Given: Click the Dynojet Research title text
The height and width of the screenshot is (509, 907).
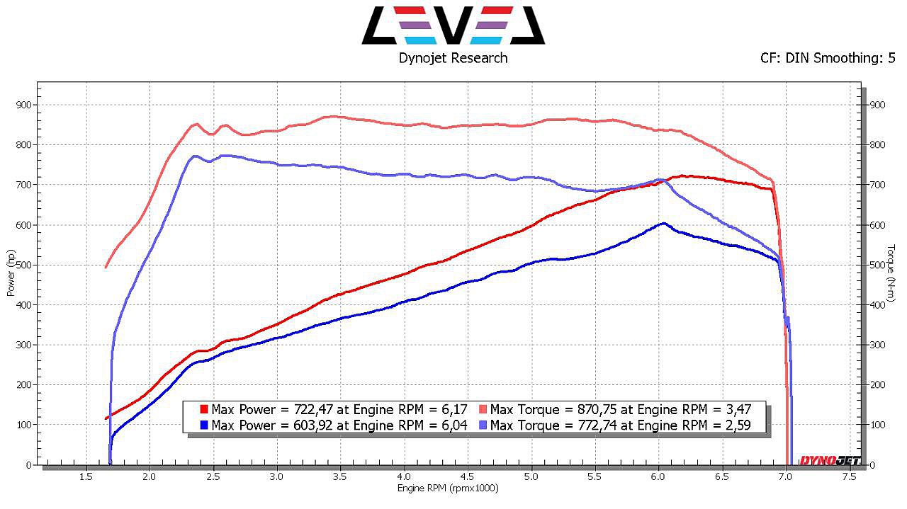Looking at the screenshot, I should (453, 58).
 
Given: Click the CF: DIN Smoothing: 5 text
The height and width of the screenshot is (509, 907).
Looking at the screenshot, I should (827, 58).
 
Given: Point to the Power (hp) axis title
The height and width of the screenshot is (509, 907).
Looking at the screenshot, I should (11, 273).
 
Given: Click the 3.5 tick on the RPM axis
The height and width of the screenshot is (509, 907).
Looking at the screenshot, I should (340, 477).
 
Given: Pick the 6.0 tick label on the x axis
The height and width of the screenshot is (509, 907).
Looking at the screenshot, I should (658, 477).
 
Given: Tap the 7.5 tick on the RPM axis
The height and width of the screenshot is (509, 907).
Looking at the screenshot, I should (849, 477).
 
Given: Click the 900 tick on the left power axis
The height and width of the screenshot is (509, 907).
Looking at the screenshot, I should (23, 105).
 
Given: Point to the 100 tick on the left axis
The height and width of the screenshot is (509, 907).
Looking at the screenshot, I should (23, 425).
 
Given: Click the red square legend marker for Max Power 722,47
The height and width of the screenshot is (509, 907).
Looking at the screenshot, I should (204, 409).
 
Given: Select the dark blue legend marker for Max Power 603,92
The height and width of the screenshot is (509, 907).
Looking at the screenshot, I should (204, 425).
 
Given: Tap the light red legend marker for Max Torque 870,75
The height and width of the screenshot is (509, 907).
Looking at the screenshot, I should (483, 409).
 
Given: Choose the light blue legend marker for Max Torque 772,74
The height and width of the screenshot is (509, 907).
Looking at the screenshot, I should (483, 425).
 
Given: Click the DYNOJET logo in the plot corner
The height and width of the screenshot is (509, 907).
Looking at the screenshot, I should (830, 461).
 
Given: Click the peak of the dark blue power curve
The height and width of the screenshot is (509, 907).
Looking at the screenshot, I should (663, 224).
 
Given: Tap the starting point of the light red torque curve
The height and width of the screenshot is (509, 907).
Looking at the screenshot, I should (106, 267).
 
